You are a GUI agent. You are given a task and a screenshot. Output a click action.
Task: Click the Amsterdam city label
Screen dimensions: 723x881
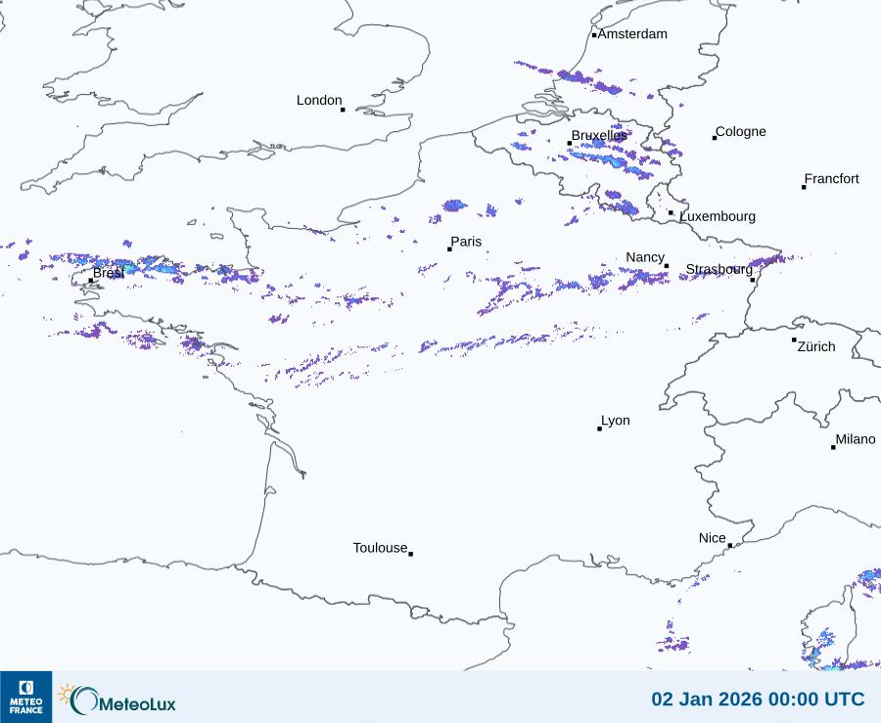tap(632, 34)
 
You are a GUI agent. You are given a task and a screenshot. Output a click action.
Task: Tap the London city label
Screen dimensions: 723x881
tap(319, 100)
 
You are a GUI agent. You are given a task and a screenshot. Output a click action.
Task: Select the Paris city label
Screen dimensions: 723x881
tap(466, 242)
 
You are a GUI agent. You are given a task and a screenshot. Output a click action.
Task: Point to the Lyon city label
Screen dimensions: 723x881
tap(616, 421)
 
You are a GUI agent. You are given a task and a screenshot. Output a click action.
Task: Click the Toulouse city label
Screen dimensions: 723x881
tap(380, 548)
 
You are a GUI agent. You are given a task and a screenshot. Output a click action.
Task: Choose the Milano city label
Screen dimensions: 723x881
tap(856, 439)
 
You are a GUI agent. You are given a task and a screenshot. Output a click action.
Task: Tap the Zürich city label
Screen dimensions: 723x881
tap(816, 346)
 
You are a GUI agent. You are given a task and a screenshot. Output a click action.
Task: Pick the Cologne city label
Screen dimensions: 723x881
tap(741, 132)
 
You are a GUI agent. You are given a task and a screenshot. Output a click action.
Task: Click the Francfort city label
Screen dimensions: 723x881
tap(832, 179)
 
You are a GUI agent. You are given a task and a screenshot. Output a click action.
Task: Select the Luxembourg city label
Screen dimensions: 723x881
tap(718, 216)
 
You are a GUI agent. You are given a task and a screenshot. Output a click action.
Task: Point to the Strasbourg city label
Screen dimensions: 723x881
tap(719, 269)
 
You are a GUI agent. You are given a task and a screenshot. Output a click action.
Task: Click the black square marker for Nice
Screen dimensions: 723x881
tap(730, 546)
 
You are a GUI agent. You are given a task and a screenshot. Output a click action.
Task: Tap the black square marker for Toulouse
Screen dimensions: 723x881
tap(410, 554)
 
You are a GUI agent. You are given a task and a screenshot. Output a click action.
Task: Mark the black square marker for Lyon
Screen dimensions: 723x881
tap(600, 429)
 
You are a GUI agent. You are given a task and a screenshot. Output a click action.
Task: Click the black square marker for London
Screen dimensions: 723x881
tap(343, 110)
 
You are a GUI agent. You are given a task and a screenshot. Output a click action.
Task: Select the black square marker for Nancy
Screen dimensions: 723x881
tap(667, 266)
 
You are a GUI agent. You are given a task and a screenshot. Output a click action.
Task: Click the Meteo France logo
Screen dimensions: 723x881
tap(25, 697)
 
